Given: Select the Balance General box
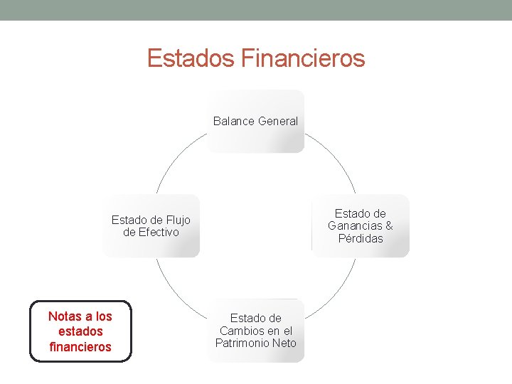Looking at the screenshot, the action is [255, 121].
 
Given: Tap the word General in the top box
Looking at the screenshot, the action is [278, 121].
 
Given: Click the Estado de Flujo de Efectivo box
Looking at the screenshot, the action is [151, 226].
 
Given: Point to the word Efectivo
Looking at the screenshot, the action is [159, 233].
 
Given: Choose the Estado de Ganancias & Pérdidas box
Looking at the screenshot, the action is [361, 226].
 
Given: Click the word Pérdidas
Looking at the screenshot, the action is [361, 239].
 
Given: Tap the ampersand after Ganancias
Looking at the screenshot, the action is [388, 226].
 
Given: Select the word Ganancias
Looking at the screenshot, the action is [355, 226].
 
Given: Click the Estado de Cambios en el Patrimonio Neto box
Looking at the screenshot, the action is [255, 331].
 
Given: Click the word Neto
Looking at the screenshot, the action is [283, 343].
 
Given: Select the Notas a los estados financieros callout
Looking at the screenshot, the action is [80, 331].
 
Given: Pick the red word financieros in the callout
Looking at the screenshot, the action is [80, 347].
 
